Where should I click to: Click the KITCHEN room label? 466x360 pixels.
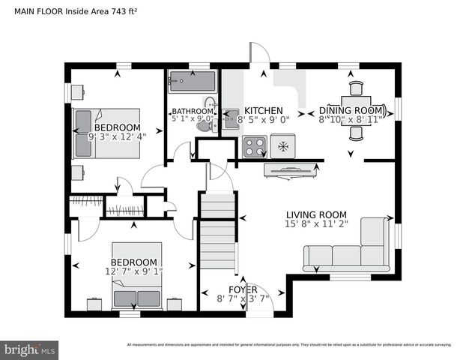[263, 109]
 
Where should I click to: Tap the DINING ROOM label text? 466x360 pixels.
[351, 109]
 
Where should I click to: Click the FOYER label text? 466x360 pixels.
[243, 289]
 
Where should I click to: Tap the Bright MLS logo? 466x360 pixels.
[30, 349]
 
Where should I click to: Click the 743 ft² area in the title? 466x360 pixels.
[125, 10]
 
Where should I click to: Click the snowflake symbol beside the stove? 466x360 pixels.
[283, 145]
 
